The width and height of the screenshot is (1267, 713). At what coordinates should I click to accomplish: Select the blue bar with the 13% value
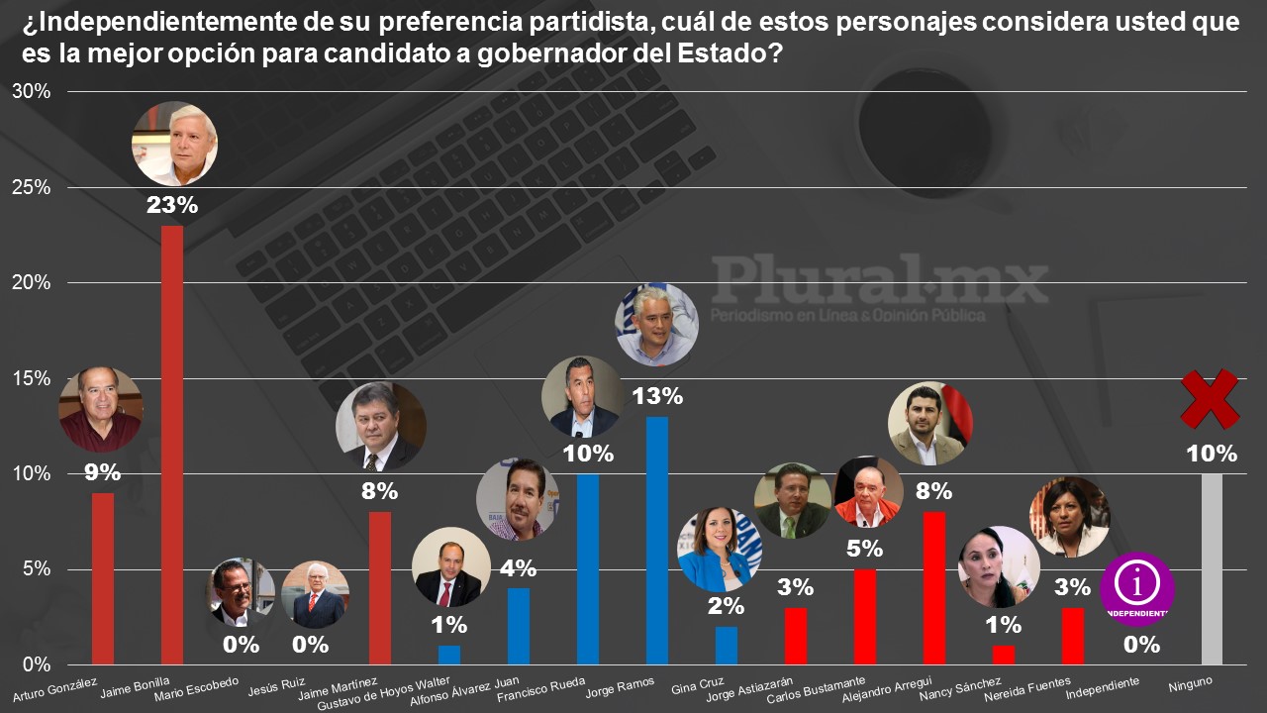657,540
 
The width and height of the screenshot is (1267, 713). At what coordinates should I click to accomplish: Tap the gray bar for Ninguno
1212,568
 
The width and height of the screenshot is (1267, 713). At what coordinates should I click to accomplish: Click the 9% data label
102,472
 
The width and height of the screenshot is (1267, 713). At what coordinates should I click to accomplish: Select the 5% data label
865,549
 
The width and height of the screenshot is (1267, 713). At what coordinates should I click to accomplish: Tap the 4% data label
519,568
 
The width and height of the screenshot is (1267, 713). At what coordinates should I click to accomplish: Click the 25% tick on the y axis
30,187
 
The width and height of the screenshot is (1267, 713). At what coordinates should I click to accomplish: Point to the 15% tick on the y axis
30,378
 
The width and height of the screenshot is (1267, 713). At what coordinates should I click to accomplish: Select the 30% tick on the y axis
30,91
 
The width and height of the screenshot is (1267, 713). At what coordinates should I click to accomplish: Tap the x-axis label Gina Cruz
697,686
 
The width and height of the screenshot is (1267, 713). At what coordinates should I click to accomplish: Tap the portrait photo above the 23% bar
174,144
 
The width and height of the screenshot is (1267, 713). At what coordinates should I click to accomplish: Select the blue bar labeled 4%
519,626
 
